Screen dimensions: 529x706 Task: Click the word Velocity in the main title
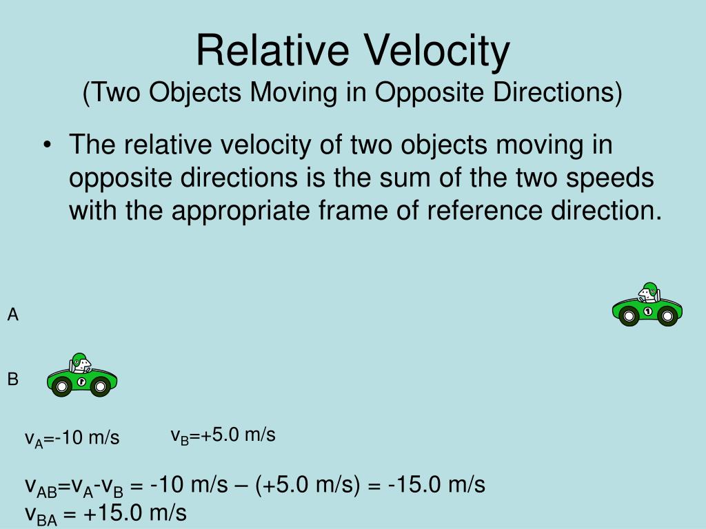438,50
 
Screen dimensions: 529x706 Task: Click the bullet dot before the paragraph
47,146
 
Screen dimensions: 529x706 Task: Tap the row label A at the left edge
12,315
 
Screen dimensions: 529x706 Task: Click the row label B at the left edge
12,379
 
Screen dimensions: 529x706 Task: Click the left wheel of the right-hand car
629,316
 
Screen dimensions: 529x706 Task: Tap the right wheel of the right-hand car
667,316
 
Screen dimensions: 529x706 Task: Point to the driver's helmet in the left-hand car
77,359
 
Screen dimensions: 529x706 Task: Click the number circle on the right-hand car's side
648,312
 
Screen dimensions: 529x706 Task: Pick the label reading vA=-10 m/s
72,438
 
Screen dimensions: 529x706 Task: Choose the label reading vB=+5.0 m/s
223,435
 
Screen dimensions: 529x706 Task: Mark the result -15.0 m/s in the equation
436,485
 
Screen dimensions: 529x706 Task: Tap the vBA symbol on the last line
41,514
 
